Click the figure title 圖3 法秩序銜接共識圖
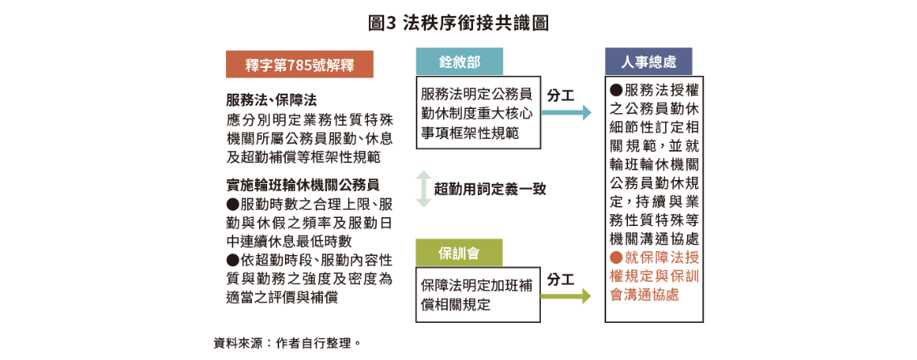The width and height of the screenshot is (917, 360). point(458,23)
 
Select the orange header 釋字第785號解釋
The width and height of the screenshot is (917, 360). point(299,65)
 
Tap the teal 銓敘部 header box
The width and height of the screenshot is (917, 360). point(459,61)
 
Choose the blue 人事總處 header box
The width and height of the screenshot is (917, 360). point(648,61)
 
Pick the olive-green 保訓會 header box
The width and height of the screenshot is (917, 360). point(458,253)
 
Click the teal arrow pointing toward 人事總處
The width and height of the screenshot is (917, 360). point(566,112)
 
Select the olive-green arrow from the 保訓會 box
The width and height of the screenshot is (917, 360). point(566,296)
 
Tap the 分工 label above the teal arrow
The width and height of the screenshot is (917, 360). point(560,94)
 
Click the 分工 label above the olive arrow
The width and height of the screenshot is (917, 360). point(560,279)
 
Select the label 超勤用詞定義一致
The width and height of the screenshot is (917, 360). point(490,189)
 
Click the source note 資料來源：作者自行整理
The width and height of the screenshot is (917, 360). point(287,343)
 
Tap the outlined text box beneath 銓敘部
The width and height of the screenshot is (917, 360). point(478,113)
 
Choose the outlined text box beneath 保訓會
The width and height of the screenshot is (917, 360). point(478,295)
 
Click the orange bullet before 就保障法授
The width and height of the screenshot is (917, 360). point(616,257)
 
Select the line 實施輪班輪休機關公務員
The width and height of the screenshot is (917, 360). point(310,185)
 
